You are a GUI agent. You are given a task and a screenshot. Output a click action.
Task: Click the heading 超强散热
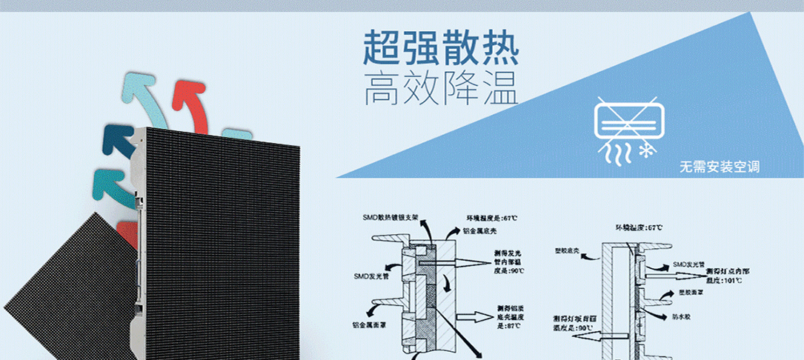(440, 48)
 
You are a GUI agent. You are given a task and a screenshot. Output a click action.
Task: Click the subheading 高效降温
(440, 89)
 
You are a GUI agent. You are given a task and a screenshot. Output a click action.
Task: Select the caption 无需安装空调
(719, 167)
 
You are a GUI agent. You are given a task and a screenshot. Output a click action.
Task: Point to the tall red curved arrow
(186, 103)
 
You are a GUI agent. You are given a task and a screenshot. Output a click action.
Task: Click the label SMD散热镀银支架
(392, 218)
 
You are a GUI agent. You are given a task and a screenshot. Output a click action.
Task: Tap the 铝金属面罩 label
(371, 324)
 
